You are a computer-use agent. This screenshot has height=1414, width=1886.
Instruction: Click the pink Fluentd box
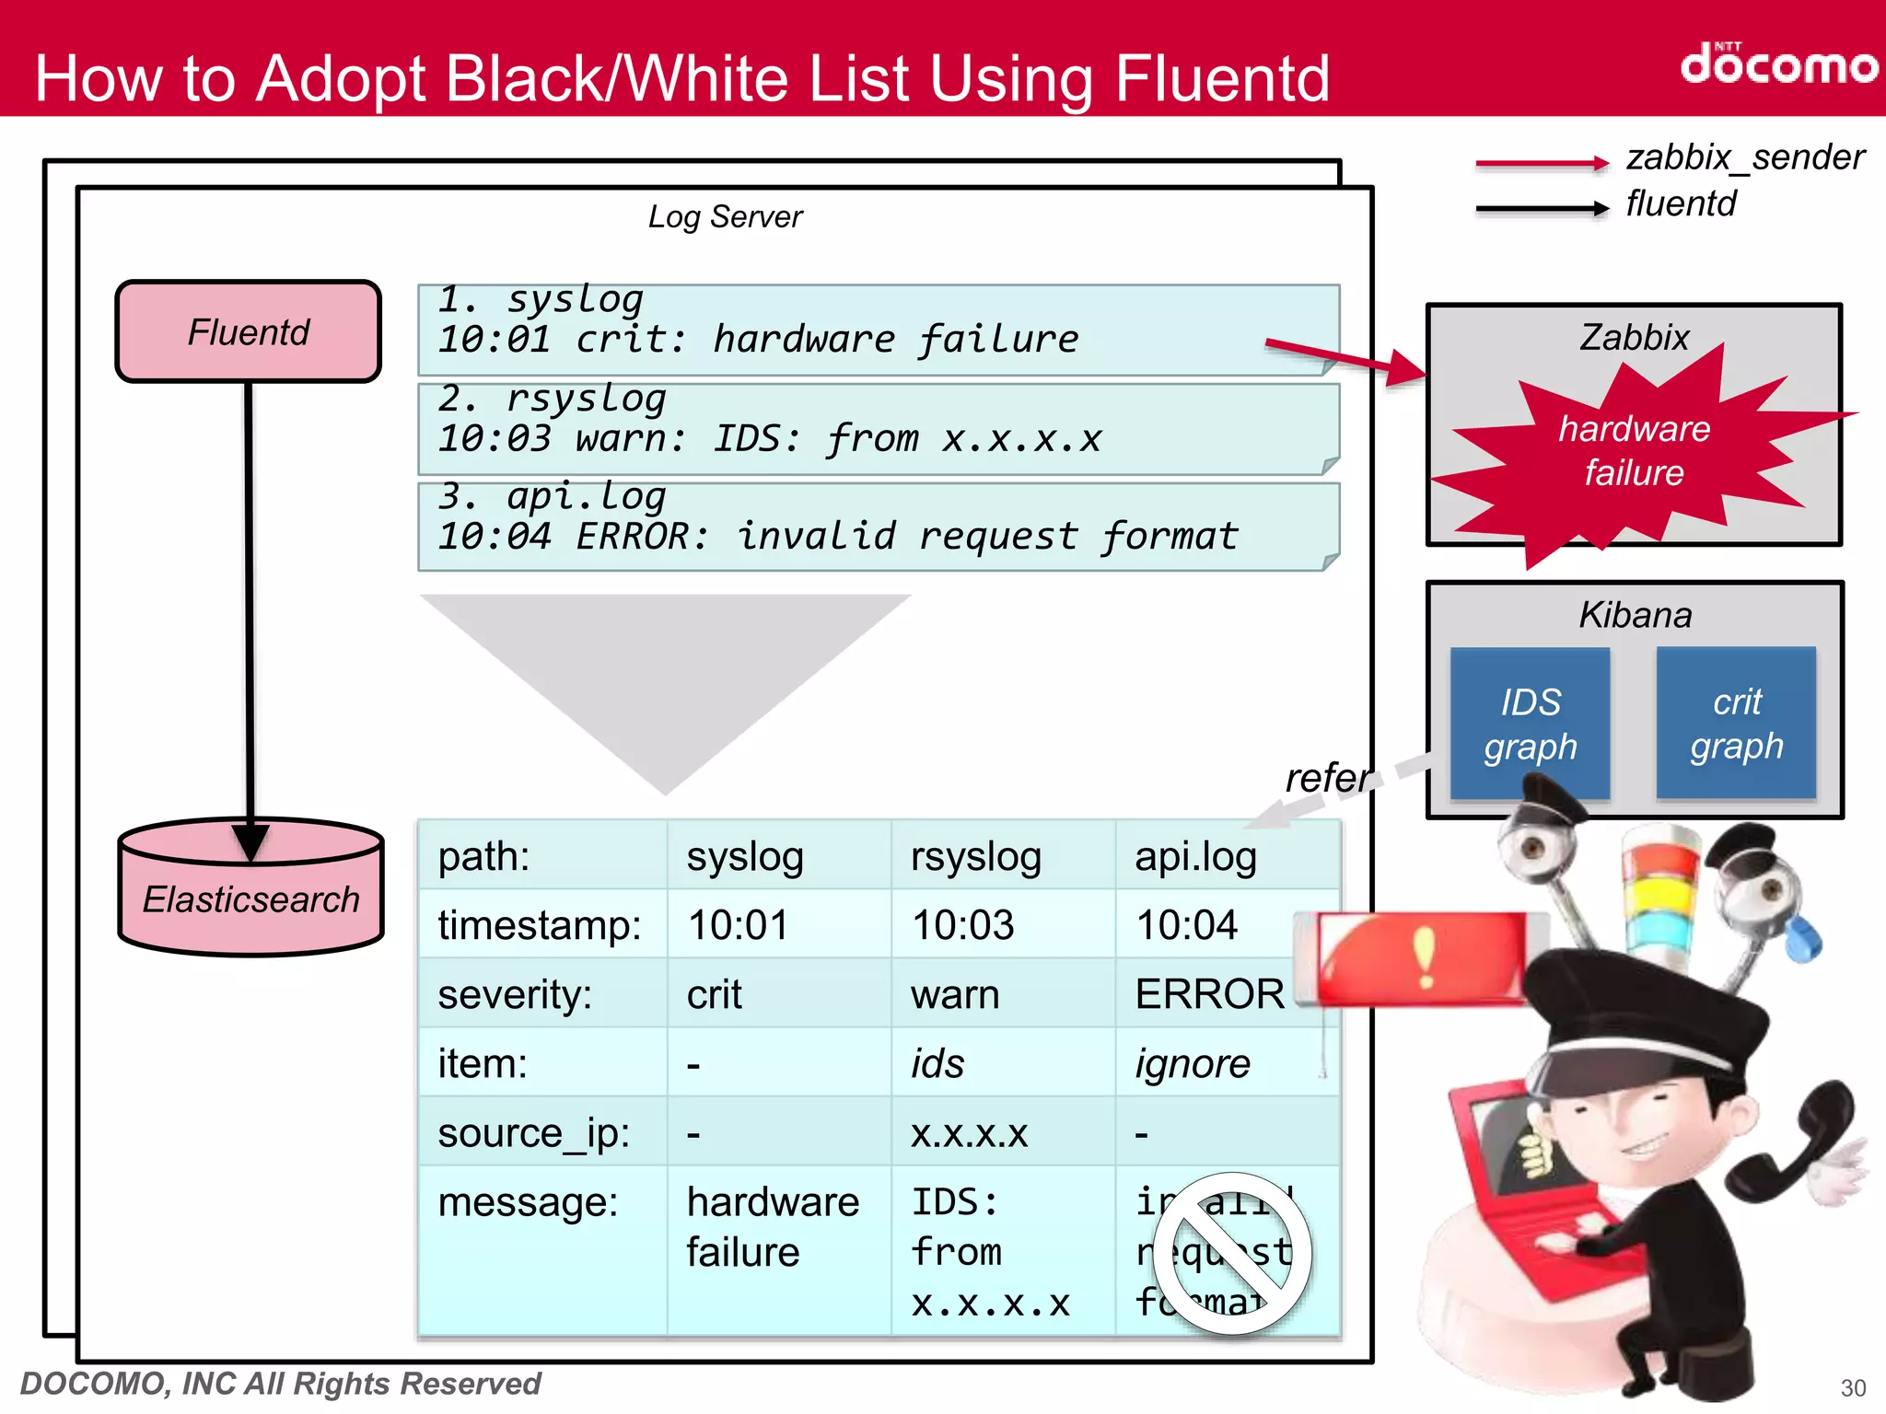coord(249,331)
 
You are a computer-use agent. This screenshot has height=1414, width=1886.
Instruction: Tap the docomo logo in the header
coord(1777,64)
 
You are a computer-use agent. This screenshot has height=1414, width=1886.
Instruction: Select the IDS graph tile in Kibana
coord(1530,724)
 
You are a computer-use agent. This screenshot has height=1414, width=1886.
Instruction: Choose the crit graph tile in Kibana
coord(1736,724)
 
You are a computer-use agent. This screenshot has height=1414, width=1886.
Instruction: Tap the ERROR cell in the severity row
coord(1209,994)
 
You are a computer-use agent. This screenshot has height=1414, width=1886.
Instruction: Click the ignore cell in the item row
coord(1193,1064)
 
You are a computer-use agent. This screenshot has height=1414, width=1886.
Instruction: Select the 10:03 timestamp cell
coord(962,924)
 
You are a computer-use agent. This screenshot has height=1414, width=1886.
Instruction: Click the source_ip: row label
coord(534,1133)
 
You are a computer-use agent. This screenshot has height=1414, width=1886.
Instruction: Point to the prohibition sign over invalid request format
coord(1232,1252)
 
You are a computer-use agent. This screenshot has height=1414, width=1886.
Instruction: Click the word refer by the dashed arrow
coord(1326,779)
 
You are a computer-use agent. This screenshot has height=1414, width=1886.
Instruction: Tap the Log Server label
coord(725,217)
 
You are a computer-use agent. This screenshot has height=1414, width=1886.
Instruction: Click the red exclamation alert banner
coord(1423,957)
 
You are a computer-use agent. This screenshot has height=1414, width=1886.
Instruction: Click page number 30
coord(1853,1387)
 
